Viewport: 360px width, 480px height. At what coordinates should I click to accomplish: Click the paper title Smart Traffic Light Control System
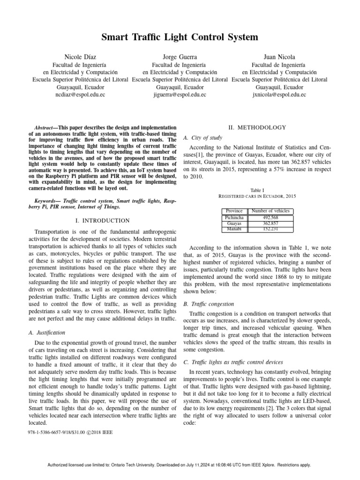click(180, 37)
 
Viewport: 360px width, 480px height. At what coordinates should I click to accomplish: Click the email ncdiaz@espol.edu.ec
click(80, 95)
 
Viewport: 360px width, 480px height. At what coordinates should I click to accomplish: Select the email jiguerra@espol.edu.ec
click(180, 95)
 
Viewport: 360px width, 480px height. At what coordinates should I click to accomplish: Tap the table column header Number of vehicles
click(270, 211)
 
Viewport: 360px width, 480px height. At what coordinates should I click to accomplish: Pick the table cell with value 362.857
click(270, 224)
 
